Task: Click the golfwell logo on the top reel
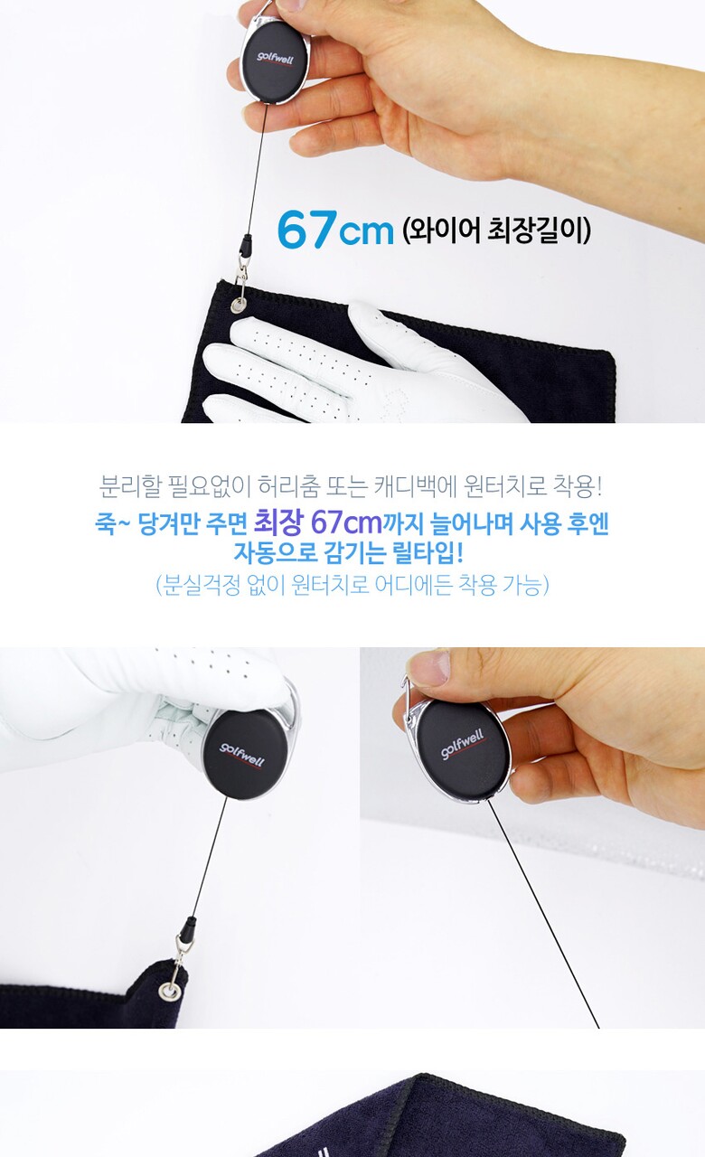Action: [276, 59]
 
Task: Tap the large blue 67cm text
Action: [335, 229]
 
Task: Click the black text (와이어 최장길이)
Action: [497, 230]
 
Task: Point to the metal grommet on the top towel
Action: [239, 306]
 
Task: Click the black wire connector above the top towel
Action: [246, 245]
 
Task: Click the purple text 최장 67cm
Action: [317, 523]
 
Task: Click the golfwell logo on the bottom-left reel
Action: [241, 756]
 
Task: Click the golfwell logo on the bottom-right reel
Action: [463, 744]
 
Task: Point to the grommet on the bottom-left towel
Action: [169, 991]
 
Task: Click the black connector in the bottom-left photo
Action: [188, 928]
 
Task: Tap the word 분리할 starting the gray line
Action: [131, 486]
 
